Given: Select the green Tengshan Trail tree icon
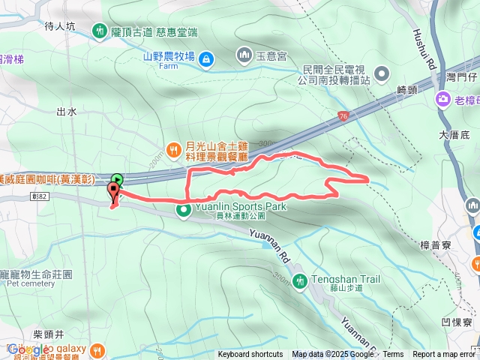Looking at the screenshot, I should point(300,280).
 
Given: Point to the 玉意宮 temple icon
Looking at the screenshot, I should point(244,55).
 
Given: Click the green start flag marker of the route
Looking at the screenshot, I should point(116,179).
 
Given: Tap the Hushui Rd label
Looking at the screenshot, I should point(424,49).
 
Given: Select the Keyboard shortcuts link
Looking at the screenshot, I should point(250,355).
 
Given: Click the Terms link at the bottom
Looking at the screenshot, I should point(393,355).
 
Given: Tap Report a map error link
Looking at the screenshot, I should point(443,355).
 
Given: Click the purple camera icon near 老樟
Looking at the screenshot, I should point(443,99).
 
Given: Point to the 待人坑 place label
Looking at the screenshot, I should point(61,25).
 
